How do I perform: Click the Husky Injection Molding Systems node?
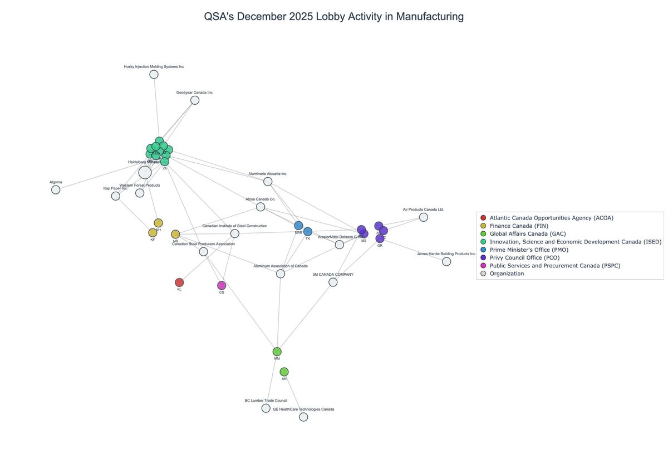click(154, 74)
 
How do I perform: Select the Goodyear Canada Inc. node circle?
click(195, 100)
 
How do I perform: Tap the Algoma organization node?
click(56, 189)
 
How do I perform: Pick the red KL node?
click(179, 282)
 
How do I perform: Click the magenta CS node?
click(222, 285)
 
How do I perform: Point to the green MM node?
click(277, 352)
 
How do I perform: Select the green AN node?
click(284, 372)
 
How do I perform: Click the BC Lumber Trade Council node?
click(266, 408)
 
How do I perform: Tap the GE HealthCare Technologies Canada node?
click(303, 417)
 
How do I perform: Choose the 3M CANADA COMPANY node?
click(333, 282)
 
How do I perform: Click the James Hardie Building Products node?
click(446, 261)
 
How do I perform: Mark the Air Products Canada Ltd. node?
click(424, 217)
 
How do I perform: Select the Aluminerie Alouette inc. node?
click(268, 182)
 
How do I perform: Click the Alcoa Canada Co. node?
click(261, 207)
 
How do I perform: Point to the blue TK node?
click(308, 231)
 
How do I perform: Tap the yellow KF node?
click(153, 232)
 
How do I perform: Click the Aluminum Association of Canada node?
click(281, 274)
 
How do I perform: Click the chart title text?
click(334, 17)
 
